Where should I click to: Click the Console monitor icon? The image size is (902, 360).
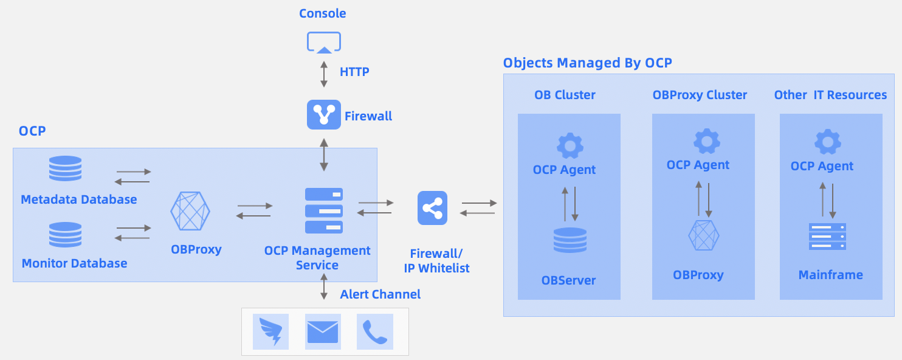324,43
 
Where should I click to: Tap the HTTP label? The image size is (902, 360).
354,72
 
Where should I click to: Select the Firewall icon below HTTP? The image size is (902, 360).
324,115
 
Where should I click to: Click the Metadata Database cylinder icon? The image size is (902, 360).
65,168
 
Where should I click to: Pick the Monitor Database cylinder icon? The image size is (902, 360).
65,235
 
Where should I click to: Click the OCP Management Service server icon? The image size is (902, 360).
323,211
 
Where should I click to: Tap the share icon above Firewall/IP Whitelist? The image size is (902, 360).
432,209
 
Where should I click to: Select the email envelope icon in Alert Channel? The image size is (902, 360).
323,332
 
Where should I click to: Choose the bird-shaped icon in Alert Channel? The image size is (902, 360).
270,332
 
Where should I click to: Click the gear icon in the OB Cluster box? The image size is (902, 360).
570,145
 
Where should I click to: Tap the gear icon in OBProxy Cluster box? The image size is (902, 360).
706,141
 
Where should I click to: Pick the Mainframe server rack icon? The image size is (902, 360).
827,237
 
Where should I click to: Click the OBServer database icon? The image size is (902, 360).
570,240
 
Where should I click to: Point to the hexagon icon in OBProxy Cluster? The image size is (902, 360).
704,235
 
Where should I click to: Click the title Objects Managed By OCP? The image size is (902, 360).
587,63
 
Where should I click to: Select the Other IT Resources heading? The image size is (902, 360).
830,95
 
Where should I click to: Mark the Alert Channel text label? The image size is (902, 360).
380,294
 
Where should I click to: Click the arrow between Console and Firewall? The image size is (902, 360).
324,73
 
